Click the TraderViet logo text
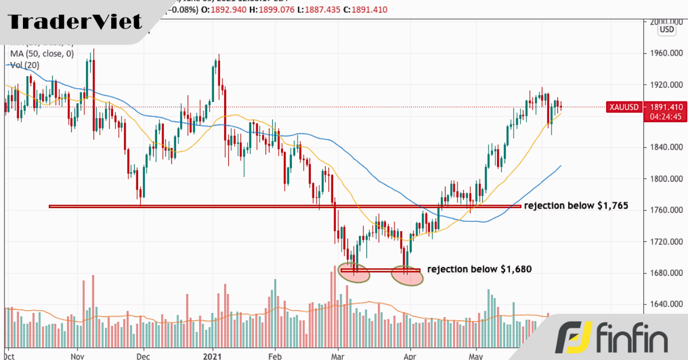click(75, 22)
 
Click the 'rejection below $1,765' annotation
click(577, 206)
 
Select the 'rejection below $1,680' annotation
click(480, 269)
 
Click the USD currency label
click(667, 29)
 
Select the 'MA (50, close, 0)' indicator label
click(42, 54)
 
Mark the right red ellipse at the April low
click(407, 276)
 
